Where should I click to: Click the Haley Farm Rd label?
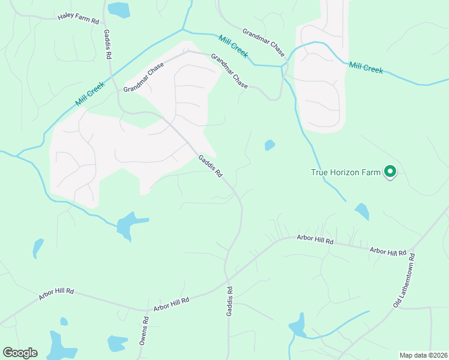pyautogui.click(x=78, y=19)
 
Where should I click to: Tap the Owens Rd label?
pyautogui.click(x=144, y=331)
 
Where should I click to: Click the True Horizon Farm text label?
pyautogui.click(x=346, y=173)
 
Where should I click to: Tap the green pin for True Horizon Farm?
pyautogui.click(x=390, y=172)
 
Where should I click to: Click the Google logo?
pyautogui.click(x=20, y=352)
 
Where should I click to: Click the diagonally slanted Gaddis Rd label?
pyautogui.click(x=211, y=166)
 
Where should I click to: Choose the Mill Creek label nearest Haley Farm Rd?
pyautogui.click(x=90, y=95)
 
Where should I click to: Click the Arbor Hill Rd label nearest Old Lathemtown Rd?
pyautogui.click(x=388, y=252)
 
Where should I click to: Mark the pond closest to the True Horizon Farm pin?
pyautogui.click(x=361, y=211)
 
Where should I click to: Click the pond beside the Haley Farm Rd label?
pyautogui.click(x=119, y=9)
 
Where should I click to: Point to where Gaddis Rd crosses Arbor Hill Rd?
pyautogui.click(x=227, y=277)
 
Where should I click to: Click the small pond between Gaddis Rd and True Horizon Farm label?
pyautogui.click(x=270, y=145)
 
